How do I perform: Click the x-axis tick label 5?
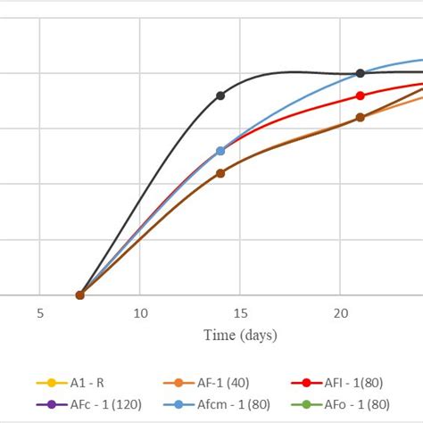[x=40, y=314]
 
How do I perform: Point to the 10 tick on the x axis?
[x=140, y=314]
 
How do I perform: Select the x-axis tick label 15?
[x=240, y=314]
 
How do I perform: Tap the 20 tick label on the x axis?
[x=340, y=314]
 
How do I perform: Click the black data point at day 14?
[x=220, y=95]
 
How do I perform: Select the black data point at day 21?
[x=361, y=73]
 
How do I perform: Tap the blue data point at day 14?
[x=220, y=151]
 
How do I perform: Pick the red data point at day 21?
[x=361, y=95]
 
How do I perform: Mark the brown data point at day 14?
[x=220, y=173]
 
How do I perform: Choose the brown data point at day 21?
[x=361, y=117]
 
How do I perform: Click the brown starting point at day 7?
[x=80, y=294]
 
